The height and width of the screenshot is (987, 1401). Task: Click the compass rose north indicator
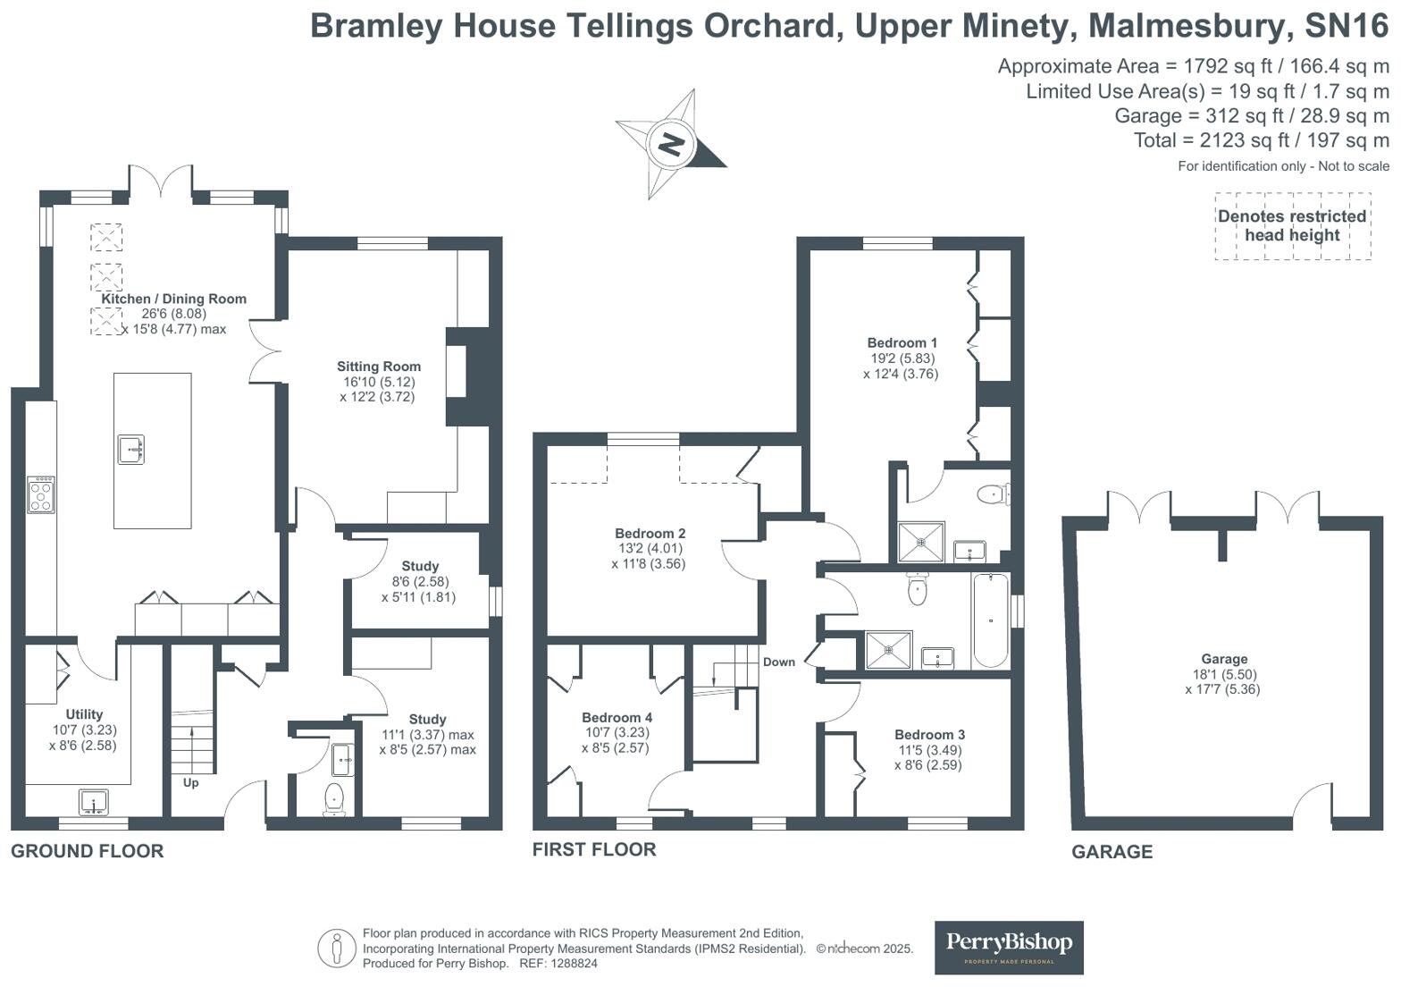point(671,144)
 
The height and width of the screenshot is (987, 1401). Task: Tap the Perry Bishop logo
point(1009,947)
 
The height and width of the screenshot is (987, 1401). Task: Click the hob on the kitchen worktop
point(41,494)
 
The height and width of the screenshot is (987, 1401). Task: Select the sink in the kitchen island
point(131,449)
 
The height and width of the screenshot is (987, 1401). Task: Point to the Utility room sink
point(93,803)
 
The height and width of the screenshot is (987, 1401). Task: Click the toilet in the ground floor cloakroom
point(334,798)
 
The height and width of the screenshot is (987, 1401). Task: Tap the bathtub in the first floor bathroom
point(990,620)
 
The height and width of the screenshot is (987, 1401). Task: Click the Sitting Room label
point(379,367)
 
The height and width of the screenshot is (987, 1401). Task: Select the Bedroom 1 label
point(902,343)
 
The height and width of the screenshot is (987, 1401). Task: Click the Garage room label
point(1223,659)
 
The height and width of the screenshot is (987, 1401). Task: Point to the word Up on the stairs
point(190,783)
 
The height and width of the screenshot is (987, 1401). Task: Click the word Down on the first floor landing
point(778,662)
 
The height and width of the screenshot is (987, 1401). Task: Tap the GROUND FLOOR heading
point(88,851)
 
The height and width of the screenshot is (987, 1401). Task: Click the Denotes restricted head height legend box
point(1292,226)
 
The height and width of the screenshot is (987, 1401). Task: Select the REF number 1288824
point(571,964)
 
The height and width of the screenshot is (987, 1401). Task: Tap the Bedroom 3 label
point(929,735)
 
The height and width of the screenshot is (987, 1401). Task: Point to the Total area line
point(1261,140)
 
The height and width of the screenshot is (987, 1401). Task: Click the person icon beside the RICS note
point(337,948)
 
